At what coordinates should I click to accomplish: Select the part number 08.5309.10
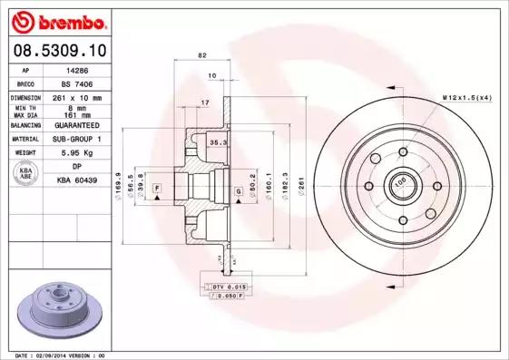click(x=56, y=50)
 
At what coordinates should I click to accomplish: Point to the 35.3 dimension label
click(x=217, y=143)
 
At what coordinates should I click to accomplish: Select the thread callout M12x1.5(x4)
click(x=465, y=96)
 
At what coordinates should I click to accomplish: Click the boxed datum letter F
click(x=158, y=186)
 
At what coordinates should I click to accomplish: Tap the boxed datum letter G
click(x=238, y=191)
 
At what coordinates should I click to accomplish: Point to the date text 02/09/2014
click(x=58, y=355)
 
